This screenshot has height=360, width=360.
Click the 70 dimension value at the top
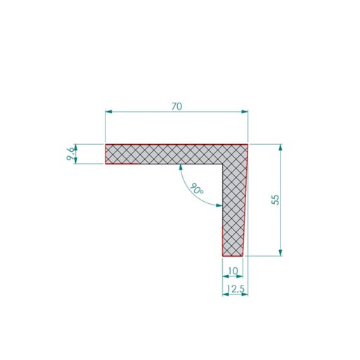(x=176, y=106)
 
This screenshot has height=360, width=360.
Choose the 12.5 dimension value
(x=236, y=288)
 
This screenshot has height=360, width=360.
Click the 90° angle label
(x=196, y=189)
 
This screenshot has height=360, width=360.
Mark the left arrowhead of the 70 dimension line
(x=108, y=111)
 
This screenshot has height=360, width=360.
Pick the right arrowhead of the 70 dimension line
(x=245, y=111)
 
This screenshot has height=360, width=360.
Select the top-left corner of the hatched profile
(x=105, y=145)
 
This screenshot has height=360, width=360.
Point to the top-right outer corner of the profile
(x=248, y=145)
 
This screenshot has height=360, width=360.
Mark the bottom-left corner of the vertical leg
(x=222, y=256)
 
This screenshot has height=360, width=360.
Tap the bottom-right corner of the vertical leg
(x=243, y=256)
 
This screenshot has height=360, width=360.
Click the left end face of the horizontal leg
(x=105, y=155)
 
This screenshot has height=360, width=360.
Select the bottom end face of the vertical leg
(x=233, y=256)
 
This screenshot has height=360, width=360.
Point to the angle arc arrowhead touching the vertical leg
(x=219, y=205)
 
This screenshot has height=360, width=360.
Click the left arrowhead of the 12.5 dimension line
(x=225, y=294)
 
